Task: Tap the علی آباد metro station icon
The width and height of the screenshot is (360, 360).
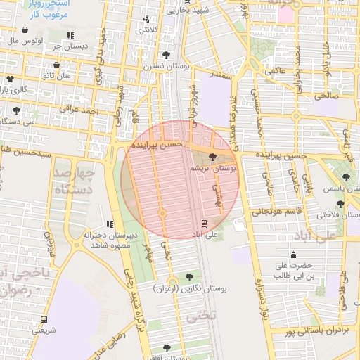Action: (205, 222)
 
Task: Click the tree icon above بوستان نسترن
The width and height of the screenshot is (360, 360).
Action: (166, 54)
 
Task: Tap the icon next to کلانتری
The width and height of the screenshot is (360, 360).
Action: (146, 19)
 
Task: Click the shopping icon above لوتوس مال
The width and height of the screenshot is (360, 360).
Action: (26, 30)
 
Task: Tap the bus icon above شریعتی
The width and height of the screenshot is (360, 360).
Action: (44, 319)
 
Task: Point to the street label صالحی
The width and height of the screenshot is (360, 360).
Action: (327, 94)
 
